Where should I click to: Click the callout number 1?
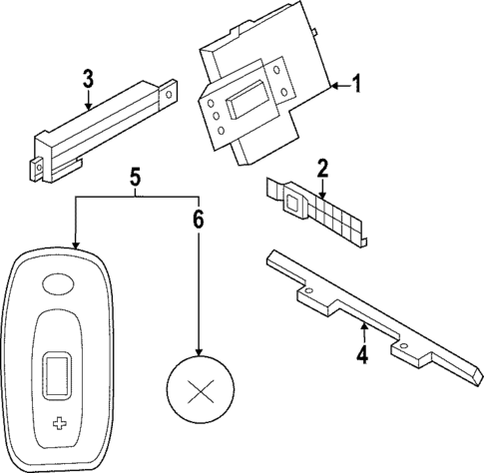pyautogui.click(x=357, y=86)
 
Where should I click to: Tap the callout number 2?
pyautogui.click(x=322, y=167)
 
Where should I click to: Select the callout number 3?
pyautogui.click(x=88, y=76)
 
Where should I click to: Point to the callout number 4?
pyautogui.click(x=363, y=353)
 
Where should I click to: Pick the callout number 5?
pyautogui.click(x=135, y=178)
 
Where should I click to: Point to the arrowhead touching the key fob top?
pyautogui.click(x=74, y=245)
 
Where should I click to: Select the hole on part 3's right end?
pyautogui.click(x=169, y=97)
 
